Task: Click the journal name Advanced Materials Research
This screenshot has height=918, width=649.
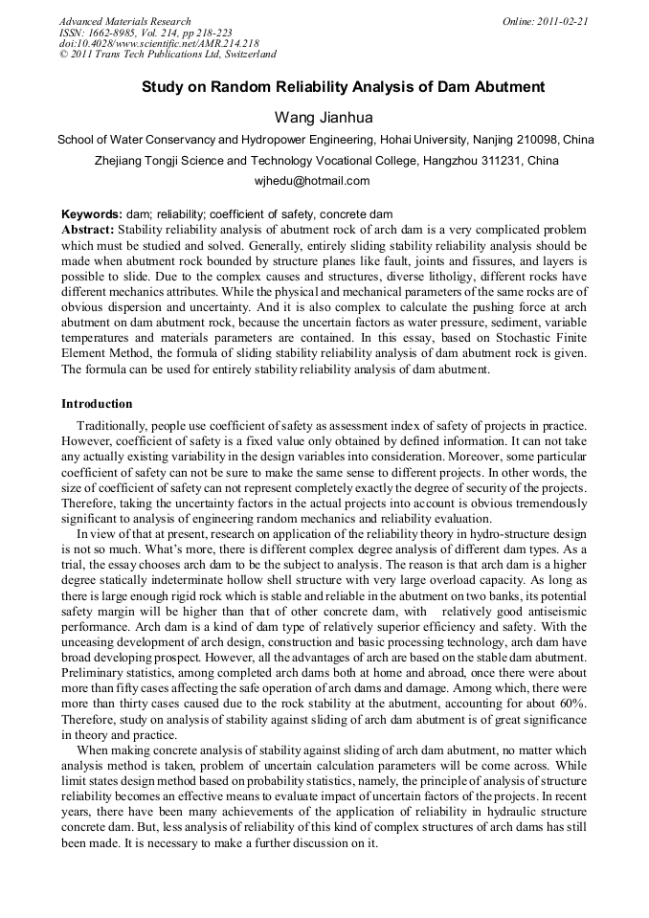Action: (x=124, y=21)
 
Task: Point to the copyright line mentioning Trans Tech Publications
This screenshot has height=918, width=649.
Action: (x=168, y=55)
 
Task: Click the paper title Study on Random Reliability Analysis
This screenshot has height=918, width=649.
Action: (x=343, y=87)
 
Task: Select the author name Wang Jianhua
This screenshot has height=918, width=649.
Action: (x=324, y=118)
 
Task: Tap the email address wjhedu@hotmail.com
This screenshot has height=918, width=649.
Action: (x=324, y=180)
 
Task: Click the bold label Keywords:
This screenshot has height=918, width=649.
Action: (x=91, y=214)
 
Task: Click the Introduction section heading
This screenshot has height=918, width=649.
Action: (x=97, y=404)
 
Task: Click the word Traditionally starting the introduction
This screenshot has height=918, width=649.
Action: (x=116, y=424)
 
